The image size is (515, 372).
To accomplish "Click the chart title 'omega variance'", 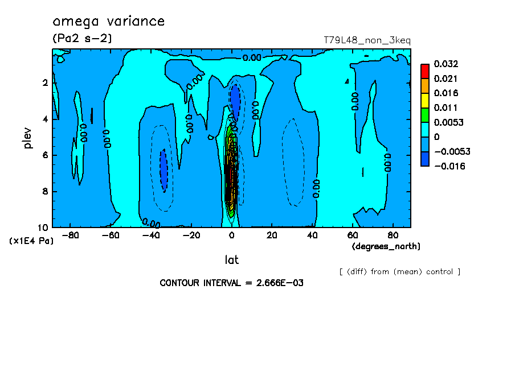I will [108, 22].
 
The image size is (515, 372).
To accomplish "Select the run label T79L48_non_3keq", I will [367, 40].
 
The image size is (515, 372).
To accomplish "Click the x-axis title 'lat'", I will [231, 260].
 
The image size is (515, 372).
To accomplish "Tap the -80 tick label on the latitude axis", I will [70, 235].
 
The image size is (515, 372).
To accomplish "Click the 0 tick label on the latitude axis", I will [231, 235].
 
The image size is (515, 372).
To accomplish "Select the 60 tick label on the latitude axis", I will [353, 235].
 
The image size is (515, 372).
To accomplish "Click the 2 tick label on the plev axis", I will [44, 83].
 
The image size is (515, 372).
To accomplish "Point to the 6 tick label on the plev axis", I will [44, 155].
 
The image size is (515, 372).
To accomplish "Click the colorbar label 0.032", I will [446, 64].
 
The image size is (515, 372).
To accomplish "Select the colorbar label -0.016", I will [448, 167].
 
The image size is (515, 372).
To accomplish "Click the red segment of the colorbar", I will [424, 71].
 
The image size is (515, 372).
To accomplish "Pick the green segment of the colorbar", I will [424, 115].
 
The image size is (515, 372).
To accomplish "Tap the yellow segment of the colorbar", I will [424, 100].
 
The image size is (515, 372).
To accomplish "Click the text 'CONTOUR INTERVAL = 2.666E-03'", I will [231, 283].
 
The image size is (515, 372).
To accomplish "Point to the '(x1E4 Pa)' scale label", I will [32, 241].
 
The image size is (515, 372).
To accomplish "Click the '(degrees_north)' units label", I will [386, 246].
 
